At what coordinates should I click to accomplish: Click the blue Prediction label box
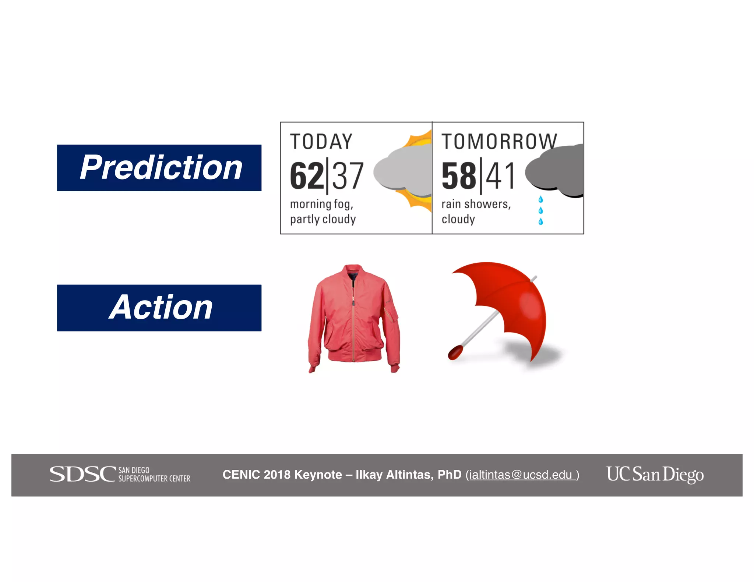tap(159, 168)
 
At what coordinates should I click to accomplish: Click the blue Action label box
tap(159, 308)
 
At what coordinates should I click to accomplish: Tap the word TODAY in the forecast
tap(321, 142)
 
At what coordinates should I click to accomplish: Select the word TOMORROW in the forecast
tap(499, 142)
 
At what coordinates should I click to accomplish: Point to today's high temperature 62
tap(307, 176)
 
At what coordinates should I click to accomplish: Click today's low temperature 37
tap(348, 176)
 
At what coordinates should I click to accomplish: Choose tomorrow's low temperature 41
tap(500, 176)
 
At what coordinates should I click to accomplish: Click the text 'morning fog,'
tap(321, 204)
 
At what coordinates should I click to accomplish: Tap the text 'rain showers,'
tap(476, 204)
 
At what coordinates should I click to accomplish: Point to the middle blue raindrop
tap(540, 210)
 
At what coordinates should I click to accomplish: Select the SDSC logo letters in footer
tap(82, 474)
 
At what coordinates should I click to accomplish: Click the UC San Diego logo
tap(655, 474)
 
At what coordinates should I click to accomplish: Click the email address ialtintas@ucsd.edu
tap(521, 475)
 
